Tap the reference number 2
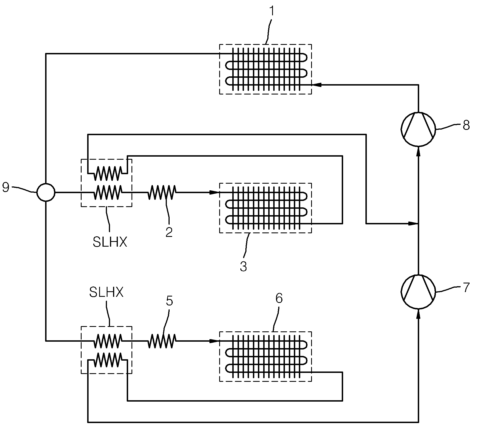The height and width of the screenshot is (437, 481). click(x=169, y=232)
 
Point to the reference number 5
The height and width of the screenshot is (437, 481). click(x=169, y=301)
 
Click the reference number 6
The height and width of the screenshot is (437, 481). click(x=279, y=298)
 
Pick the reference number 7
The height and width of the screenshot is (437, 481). click(x=466, y=287)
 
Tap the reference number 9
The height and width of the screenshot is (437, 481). click(x=6, y=187)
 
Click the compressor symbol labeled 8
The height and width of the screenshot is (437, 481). click(x=418, y=129)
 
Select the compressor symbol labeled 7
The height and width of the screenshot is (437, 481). click(x=418, y=292)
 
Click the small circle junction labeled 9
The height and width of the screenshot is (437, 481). click(x=46, y=192)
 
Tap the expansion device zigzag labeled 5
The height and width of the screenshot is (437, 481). click(x=162, y=341)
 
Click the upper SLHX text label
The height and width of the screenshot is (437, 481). click(x=110, y=242)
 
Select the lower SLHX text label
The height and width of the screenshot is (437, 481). click(x=106, y=293)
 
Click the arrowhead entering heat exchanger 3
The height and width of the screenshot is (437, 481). click(x=214, y=192)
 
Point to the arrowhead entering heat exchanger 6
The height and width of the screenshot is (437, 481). click(x=214, y=341)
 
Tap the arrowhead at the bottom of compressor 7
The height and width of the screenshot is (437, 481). click(x=418, y=314)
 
